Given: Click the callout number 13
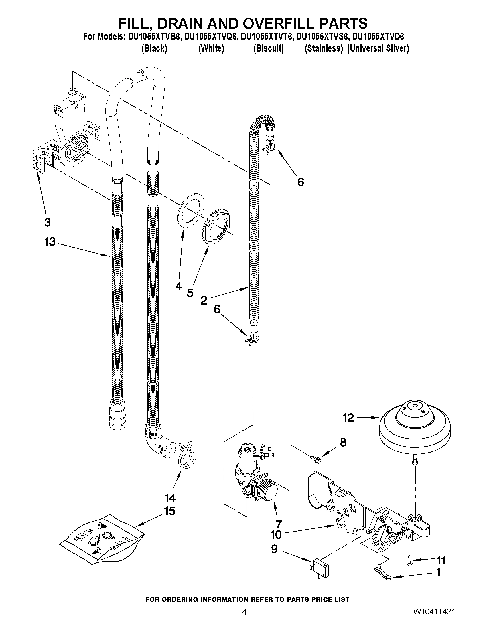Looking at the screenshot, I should pyautogui.click(x=50, y=242).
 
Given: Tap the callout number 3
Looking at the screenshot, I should pyautogui.click(x=48, y=222).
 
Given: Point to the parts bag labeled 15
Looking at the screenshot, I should pyautogui.click(x=101, y=540).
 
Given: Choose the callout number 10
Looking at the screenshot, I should pyautogui.click(x=276, y=534).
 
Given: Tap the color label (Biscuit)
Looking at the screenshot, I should pyautogui.click(x=268, y=48).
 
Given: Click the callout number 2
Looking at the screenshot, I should pyautogui.click(x=204, y=301).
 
